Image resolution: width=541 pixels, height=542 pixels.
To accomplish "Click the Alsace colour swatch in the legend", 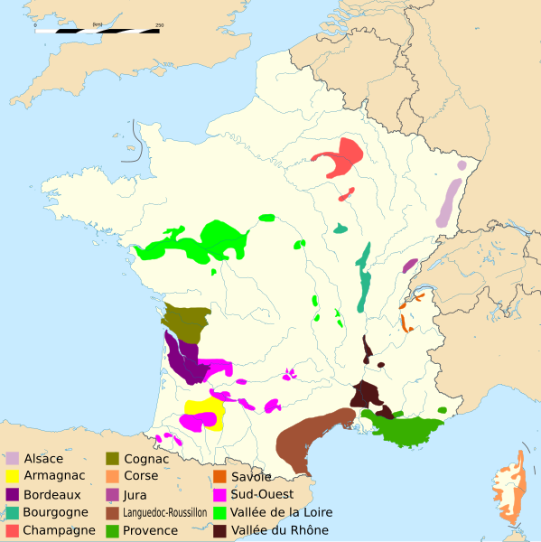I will click(x=12, y=458).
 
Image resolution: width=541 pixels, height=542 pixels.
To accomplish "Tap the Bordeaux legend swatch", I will click(x=12, y=494).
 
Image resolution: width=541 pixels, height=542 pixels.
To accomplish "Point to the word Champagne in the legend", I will click(x=61, y=530).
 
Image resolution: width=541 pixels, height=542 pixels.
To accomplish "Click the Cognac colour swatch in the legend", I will click(x=113, y=458).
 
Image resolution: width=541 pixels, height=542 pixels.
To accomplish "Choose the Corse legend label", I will click(x=141, y=476).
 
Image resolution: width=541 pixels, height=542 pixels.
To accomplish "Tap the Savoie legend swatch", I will click(x=219, y=476).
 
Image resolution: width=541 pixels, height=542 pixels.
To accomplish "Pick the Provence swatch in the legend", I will click(x=113, y=530).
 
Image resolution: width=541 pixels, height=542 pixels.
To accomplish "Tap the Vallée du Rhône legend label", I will click(x=280, y=530).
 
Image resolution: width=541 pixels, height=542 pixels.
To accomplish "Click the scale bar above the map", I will click(x=98, y=31).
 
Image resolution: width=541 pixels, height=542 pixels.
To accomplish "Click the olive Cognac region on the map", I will click(x=185, y=321).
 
